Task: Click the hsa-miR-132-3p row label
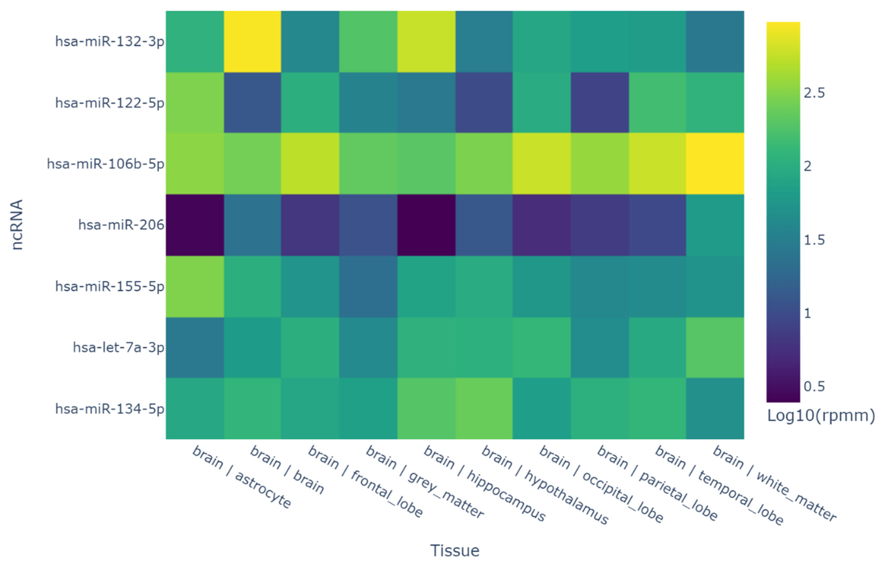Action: (x=110, y=41)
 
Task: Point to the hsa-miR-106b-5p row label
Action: (x=106, y=164)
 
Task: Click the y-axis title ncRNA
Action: (x=17, y=225)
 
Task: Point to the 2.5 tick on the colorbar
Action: (x=814, y=93)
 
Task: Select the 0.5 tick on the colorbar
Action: (x=814, y=386)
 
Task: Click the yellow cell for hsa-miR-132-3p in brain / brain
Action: (x=252, y=41)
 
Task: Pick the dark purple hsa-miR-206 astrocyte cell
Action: (x=195, y=225)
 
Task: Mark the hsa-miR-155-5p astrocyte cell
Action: (x=195, y=286)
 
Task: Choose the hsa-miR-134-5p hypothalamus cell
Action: (x=484, y=409)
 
